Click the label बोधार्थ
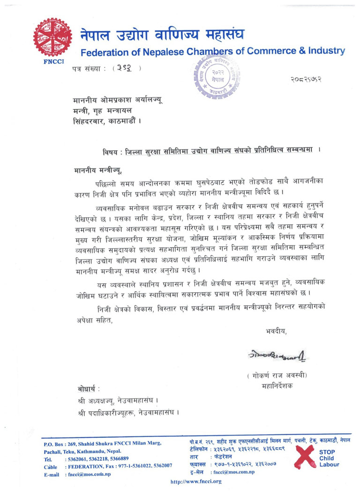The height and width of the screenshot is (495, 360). point(89,390)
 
